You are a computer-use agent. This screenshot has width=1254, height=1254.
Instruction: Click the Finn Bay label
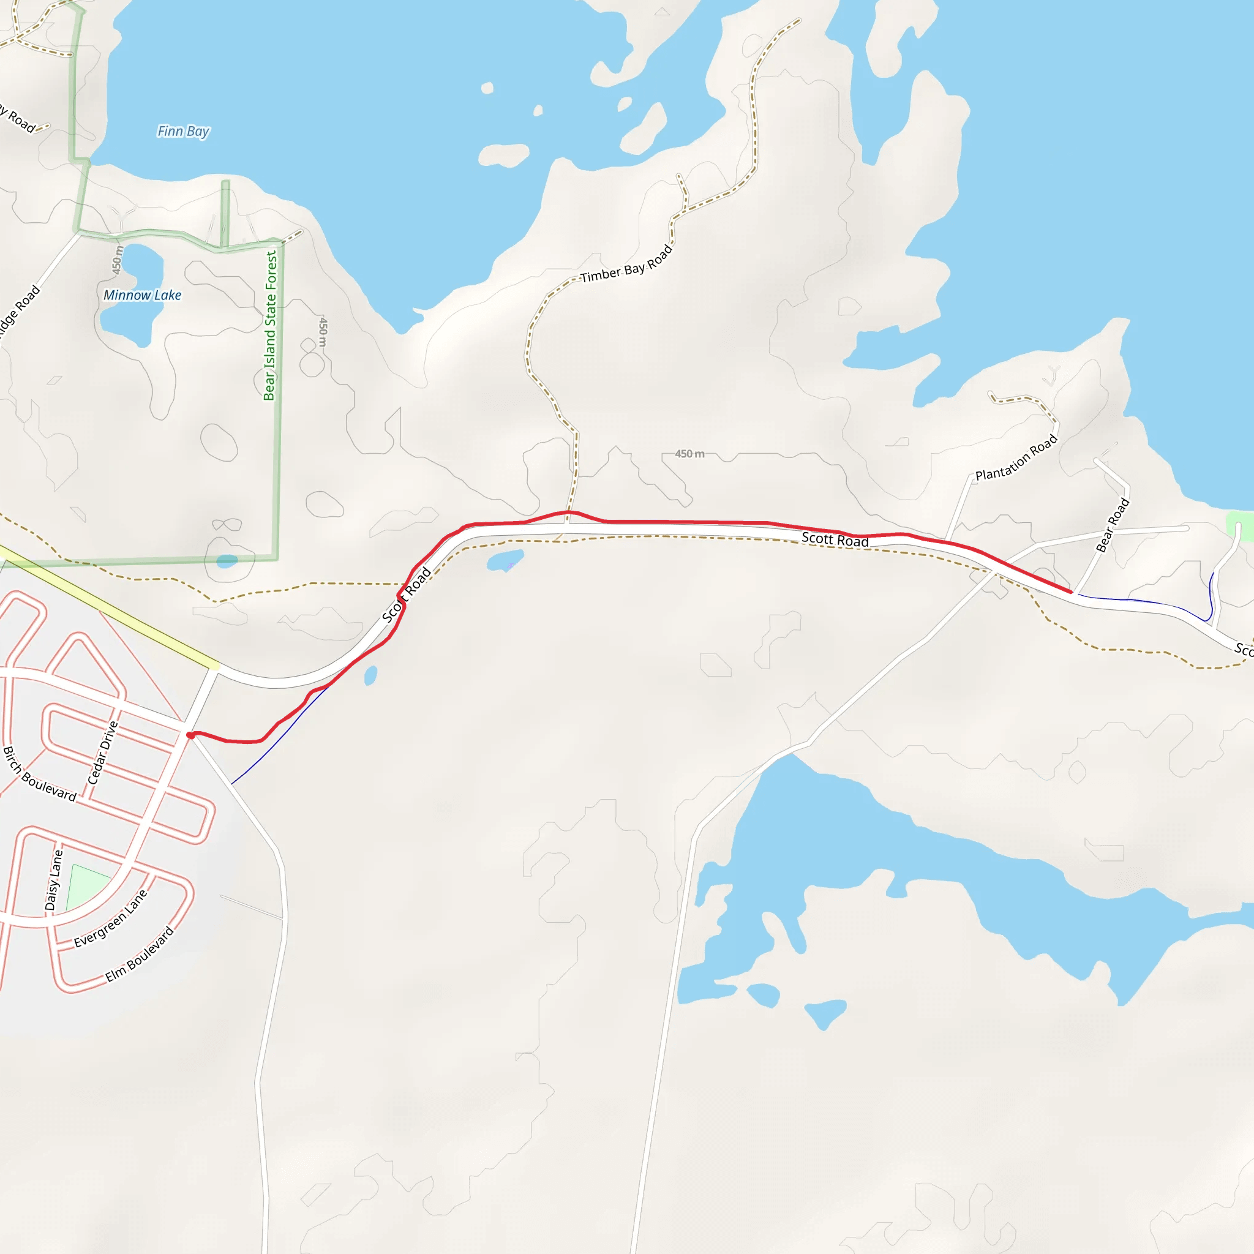183,132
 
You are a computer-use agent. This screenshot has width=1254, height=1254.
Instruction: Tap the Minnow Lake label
142,295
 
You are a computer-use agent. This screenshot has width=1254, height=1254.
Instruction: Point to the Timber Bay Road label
626,264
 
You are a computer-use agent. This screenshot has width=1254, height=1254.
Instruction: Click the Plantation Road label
1016,457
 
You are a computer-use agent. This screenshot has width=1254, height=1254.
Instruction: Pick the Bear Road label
1113,525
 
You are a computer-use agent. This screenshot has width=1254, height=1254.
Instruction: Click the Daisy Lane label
54,880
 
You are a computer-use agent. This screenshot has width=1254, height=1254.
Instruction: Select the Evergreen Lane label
110,918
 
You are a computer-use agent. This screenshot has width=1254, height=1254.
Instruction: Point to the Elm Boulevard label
140,954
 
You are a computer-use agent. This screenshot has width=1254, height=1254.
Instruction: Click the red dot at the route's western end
190,735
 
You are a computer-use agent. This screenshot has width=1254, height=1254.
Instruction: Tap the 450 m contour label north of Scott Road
689,454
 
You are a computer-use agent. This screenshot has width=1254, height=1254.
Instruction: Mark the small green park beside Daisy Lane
88,887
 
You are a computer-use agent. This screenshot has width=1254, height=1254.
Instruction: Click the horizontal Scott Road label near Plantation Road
835,539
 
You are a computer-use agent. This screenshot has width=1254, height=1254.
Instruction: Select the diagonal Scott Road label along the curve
407,595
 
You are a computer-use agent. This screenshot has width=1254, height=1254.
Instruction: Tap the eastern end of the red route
1070,592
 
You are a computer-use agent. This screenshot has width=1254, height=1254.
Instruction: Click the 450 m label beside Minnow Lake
118,260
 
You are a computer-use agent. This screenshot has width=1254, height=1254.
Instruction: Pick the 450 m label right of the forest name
323,332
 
